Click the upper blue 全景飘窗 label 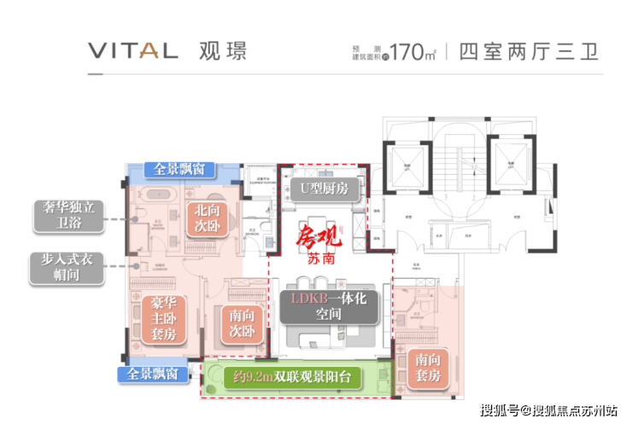pyautogui.click(x=178, y=169)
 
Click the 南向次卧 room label pyautogui.click(x=242, y=322)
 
